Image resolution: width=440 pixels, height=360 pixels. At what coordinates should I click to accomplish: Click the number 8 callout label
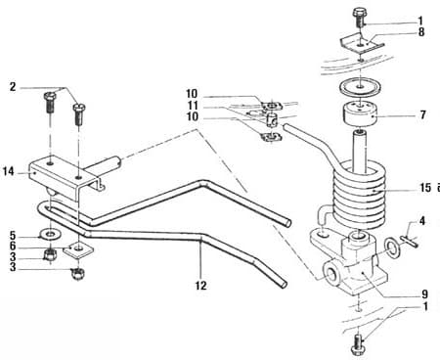click(x=421, y=32)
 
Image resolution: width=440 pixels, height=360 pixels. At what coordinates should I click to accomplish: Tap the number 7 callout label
click(x=421, y=115)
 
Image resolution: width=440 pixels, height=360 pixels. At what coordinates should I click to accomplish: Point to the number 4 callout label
click(x=421, y=221)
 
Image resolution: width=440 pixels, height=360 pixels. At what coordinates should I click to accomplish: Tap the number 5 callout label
click(x=12, y=236)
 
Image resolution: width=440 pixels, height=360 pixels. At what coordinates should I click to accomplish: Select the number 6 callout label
click(x=12, y=247)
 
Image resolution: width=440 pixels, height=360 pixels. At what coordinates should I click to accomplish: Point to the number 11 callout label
click(x=194, y=106)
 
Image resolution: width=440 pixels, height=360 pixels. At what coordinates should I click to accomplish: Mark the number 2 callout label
click(x=12, y=87)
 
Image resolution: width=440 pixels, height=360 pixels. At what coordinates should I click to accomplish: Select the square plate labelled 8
click(x=359, y=44)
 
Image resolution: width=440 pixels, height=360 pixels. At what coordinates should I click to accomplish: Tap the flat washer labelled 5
click(x=47, y=235)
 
